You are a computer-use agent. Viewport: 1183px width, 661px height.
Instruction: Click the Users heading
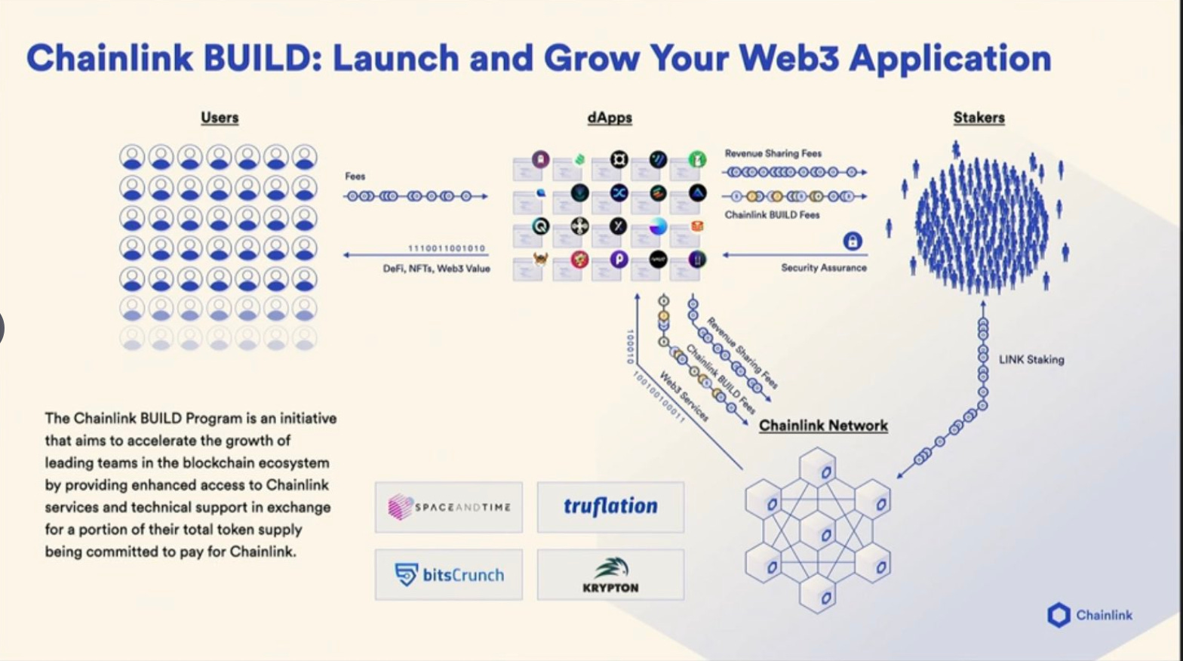coord(220,118)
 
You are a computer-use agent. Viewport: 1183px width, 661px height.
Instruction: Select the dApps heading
coord(610,118)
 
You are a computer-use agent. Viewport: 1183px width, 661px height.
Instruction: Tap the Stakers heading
coord(979,118)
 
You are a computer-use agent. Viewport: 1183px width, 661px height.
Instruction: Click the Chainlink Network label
coord(823,426)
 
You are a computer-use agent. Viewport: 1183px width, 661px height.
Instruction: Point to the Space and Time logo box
coord(449,507)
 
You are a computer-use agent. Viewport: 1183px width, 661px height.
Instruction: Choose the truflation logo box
coord(610,507)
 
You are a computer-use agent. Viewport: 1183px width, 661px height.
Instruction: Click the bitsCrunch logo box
coord(449,575)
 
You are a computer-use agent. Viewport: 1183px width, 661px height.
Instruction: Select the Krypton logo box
coord(610,575)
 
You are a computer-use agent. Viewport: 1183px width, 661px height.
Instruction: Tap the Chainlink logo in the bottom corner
coord(1089,615)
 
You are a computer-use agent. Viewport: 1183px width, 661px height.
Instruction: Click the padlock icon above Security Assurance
coord(853,241)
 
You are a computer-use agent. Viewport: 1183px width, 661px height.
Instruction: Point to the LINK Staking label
coord(1031,360)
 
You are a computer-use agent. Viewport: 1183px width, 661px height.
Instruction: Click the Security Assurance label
coord(824,268)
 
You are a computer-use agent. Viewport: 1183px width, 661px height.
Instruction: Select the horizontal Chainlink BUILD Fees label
coord(772,215)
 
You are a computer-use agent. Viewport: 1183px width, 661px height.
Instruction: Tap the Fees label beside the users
coord(355,177)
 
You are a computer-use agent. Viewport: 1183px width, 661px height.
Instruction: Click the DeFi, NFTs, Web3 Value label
coord(436,269)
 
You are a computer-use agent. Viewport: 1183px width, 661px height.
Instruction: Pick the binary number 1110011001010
coord(447,248)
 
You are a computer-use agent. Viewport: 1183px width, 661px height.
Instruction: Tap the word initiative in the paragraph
coord(308,418)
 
